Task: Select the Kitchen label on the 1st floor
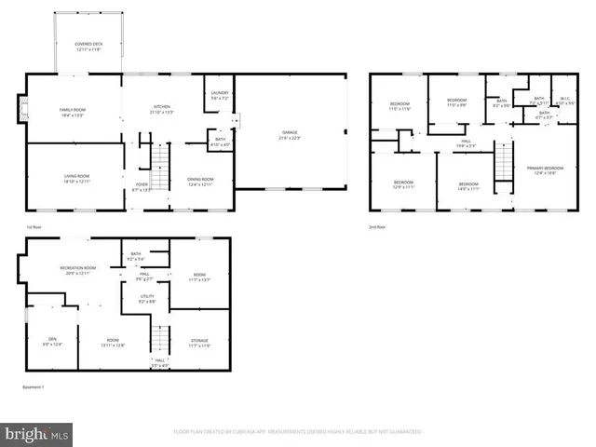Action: (x=161, y=109)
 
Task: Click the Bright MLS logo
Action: (x=37, y=433)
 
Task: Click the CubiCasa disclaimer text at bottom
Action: (x=297, y=432)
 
